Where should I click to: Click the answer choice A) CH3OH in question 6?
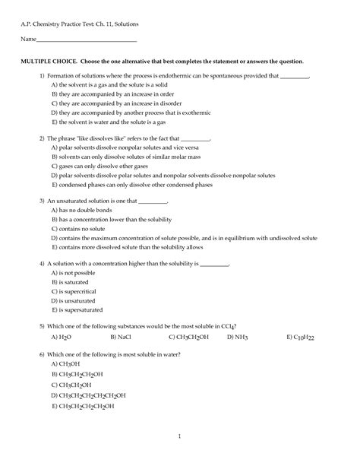click(x=65, y=364)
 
